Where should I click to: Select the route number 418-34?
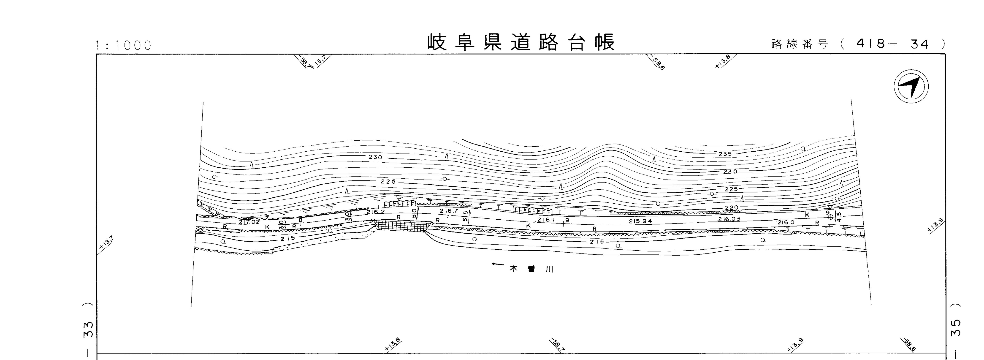pyautogui.click(x=892, y=44)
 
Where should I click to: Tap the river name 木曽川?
pyautogui.click(x=532, y=269)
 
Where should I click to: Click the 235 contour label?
pyautogui.click(x=725, y=154)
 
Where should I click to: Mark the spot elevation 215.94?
pyautogui.click(x=640, y=221)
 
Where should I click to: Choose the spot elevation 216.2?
pyautogui.click(x=375, y=212)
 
